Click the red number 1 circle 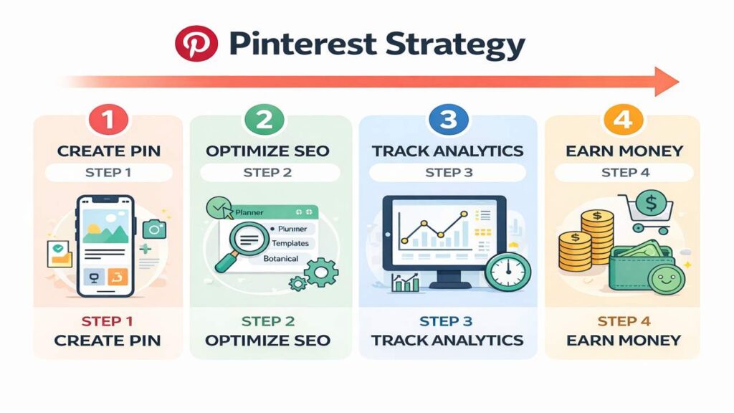point(108,119)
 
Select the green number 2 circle point(264,119)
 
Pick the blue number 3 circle point(447,119)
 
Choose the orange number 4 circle point(620,119)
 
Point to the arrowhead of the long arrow point(667,81)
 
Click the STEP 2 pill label point(267,172)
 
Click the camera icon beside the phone point(154,229)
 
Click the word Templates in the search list point(290,243)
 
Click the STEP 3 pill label point(449,172)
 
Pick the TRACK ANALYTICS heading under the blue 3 point(447,151)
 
